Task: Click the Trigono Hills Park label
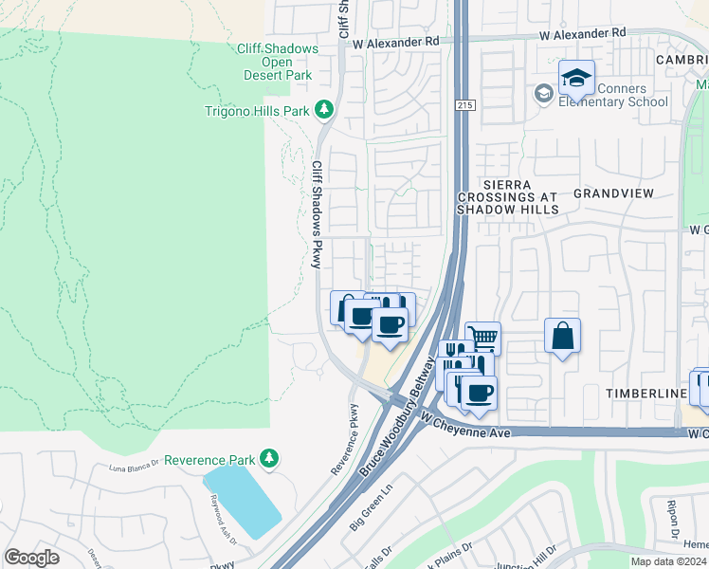[258, 111]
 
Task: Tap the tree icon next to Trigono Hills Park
[324, 111]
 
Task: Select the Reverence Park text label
[209, 459]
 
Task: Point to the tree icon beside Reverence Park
[270, 459]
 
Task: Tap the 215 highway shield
[464, 104]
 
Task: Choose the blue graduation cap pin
[575, 79]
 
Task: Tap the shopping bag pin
[562, 336]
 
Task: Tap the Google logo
[31, 557]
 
